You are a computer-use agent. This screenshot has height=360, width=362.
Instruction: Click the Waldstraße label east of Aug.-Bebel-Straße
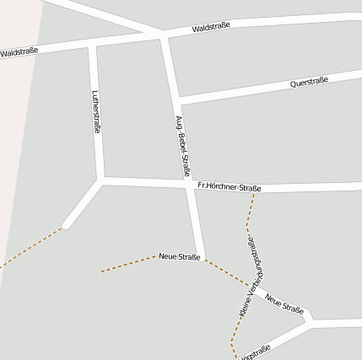211,27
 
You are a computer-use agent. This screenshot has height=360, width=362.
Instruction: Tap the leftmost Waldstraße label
19,53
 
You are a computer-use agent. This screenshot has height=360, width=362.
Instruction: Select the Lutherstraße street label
95,113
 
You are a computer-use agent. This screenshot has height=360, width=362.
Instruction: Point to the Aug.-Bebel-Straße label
182,145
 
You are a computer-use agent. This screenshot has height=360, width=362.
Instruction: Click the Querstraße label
308,82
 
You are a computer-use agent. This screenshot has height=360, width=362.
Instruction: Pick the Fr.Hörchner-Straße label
229,187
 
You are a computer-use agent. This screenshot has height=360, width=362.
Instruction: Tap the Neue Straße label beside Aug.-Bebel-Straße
179,256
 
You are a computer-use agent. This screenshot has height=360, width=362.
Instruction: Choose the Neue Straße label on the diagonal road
284,304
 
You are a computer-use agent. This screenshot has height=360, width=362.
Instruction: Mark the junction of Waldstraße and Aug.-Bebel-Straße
164,35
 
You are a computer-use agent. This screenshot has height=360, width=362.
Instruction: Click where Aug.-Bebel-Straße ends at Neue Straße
203,257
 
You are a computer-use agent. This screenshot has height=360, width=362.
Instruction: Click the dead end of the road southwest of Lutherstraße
66,225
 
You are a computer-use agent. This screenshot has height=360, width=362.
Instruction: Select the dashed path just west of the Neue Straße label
127,265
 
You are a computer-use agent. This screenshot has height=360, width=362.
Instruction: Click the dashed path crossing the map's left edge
3,265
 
